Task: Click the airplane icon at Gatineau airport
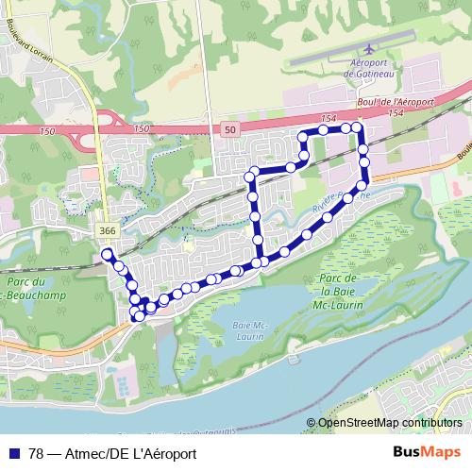367,49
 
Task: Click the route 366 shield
107,230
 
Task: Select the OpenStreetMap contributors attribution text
389,423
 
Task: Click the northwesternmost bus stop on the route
107,254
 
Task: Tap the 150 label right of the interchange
141,127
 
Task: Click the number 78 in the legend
37,452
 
